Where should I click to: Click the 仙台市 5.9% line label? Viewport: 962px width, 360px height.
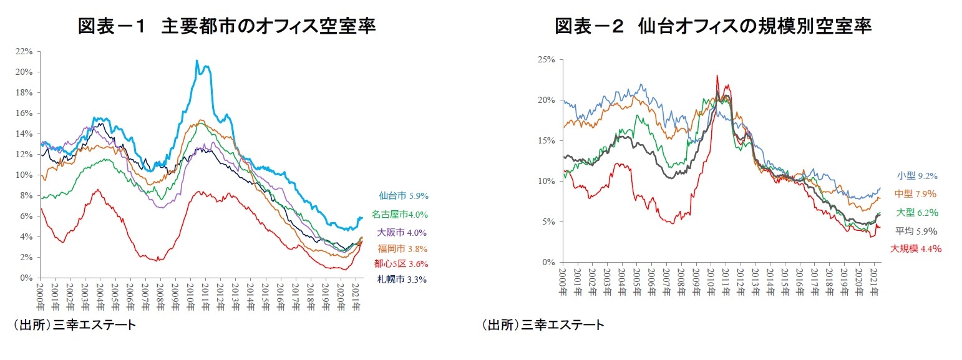click(x=402, y=195)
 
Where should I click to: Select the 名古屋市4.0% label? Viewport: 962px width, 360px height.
click(x=399, y=215)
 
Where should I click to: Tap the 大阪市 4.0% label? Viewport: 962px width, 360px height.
click(x=402, y=233)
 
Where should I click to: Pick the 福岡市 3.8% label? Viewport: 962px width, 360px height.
click(x=402, y=248)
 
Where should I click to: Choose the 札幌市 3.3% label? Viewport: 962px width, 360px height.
click(x=402, y=280)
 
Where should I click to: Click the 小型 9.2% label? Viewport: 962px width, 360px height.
click(x=917, y=176)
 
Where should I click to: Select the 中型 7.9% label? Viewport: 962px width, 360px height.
click(x=917, y=193)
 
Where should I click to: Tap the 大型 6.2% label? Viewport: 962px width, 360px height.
click(x=917, y=212)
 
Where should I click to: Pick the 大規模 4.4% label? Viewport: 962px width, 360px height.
click(x=915, y=248)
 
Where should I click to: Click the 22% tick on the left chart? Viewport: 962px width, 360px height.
click(x=24, y=51)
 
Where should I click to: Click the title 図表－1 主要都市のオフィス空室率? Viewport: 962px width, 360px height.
click(x=226, y=26)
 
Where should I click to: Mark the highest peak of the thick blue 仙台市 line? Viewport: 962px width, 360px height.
click(x=197, y=61)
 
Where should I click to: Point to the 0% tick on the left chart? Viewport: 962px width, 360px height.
click(x=27, y=278)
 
